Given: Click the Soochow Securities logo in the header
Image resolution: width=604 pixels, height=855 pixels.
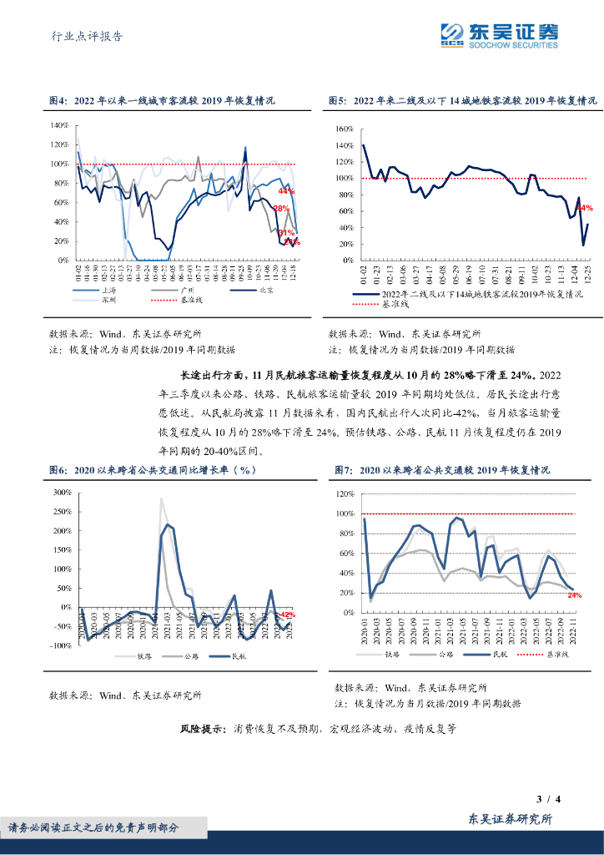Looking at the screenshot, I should click(500, 34).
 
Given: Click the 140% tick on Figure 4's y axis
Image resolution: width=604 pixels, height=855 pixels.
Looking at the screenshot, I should click(59, 125).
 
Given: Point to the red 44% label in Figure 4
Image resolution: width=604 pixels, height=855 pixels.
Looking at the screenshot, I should click(287, 190).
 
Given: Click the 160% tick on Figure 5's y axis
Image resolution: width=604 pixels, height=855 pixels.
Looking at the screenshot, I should click(345, 129).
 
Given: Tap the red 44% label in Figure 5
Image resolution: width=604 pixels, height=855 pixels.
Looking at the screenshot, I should click(585, 207).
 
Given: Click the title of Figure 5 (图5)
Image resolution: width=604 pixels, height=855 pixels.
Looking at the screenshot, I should click(462, 100).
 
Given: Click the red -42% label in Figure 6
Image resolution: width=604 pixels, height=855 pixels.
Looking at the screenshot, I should click(286, 615).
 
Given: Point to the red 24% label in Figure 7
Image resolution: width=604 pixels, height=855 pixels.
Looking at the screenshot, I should click(575, 595).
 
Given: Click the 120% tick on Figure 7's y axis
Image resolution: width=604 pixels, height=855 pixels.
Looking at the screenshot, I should click(345, 493).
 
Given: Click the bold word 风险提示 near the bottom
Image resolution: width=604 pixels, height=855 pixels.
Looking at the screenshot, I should click(202, 728).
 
